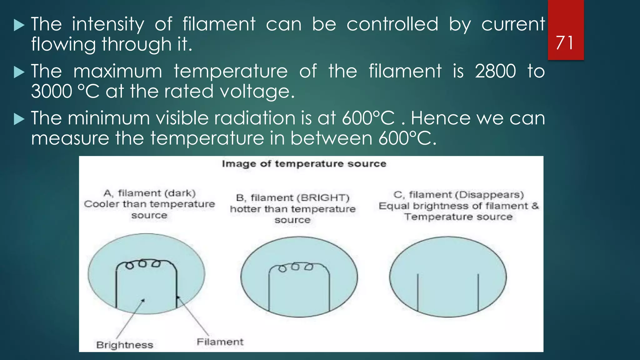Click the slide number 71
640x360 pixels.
[565, 43]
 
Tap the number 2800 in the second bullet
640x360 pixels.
[495, 71]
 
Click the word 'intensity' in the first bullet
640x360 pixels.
[108, 24]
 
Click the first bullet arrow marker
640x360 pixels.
[19, 25]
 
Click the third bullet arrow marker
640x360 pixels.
[19, 119]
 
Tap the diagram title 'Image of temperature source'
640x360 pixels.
[304, 164]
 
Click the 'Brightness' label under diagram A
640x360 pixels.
[124, 345]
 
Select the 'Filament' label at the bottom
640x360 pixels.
[220, 342]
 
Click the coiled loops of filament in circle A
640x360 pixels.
[143, 264]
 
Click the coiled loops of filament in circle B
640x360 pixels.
[296, 267]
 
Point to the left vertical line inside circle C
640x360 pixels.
[418, 292]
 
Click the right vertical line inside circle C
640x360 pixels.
[478, 292]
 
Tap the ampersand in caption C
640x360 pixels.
[535, 206]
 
